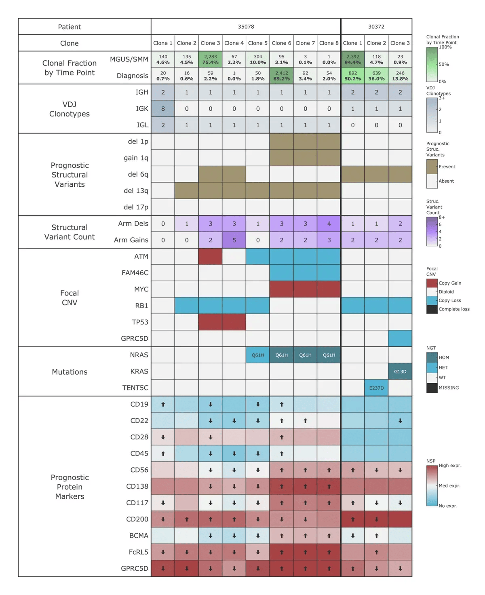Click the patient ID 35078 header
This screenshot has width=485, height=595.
[246, 27]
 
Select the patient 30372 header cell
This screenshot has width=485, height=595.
[376, 27]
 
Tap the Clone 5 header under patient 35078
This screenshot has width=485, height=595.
[258, 43]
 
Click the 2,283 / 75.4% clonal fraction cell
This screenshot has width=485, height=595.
[210, 59]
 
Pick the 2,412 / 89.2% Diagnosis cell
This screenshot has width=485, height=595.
[281, 76]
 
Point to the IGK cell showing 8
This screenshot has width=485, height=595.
[163, 109]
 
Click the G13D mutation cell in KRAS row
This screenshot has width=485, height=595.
[400, 371]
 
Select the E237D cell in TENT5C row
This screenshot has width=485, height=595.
[376, 388]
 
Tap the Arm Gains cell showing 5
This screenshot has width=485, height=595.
[234, 240]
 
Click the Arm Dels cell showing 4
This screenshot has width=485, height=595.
[329, 224]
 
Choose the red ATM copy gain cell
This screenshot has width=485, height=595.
[210, 256]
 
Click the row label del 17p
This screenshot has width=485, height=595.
[136, 207]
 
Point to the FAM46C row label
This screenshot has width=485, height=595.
[135, 273]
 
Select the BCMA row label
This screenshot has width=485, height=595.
[139, 536]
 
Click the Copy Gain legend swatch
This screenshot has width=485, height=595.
[432, 283]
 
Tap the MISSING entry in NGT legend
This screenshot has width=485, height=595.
[432, 388]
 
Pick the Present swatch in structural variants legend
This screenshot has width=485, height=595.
[432, 167]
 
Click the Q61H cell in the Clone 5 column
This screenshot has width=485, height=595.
[258, 355]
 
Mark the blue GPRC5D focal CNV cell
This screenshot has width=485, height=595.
[400, 338]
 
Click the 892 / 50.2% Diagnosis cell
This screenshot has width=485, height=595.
[353, 76]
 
